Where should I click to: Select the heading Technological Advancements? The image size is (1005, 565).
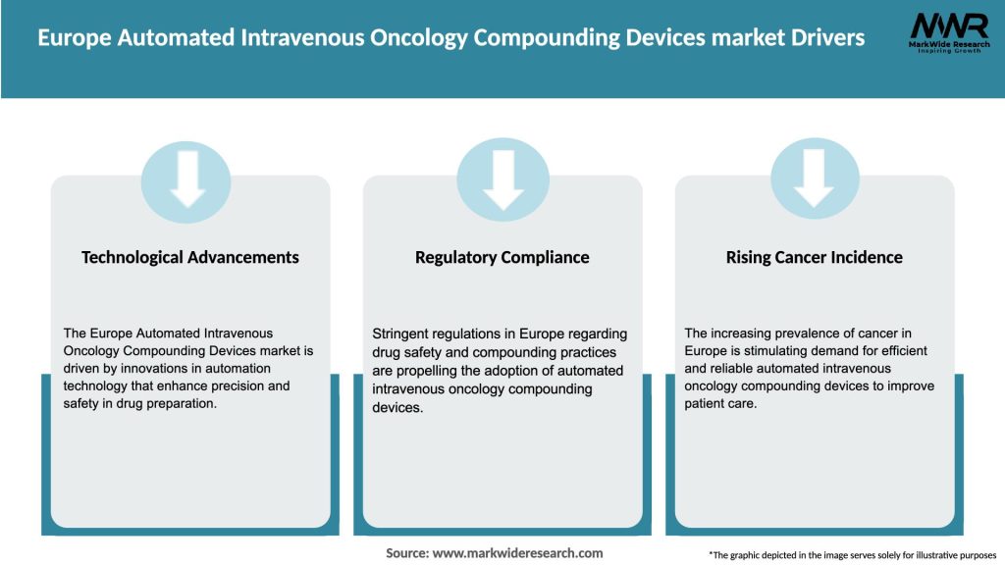190,257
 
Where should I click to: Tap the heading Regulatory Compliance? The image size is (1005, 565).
502,257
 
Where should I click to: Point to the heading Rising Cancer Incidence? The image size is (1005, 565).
814,257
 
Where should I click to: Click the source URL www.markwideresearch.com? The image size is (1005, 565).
518,553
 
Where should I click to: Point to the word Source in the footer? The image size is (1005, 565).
406,553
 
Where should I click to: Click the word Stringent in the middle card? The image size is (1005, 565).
401,334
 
